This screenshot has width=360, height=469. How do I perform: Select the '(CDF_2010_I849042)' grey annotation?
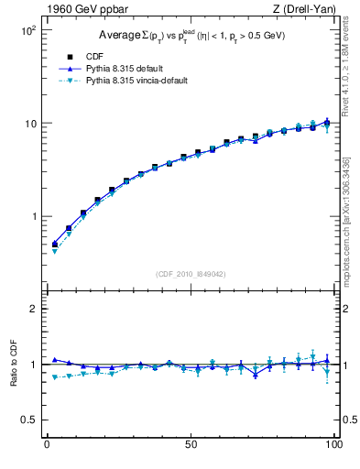point(191,272)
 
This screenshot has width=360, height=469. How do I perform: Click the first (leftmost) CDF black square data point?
point(54,245)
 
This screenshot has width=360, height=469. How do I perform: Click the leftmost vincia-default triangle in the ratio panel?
point(54,376)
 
